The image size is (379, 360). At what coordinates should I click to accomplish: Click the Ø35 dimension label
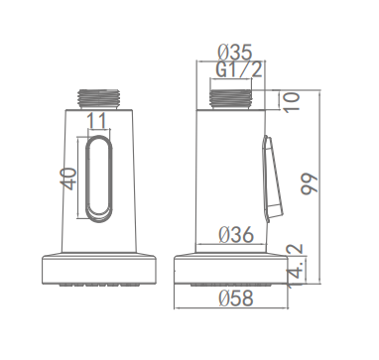(235, 52)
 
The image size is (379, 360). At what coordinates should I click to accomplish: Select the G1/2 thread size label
(239, 69)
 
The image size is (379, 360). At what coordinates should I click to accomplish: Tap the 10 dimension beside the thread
(292, 102)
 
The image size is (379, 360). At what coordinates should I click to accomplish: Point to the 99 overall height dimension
(310, 183)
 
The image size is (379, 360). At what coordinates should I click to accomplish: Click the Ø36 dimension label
(236, 234)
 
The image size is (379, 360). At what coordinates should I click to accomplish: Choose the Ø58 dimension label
(236, 298)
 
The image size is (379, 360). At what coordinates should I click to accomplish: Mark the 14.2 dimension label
(296, 266)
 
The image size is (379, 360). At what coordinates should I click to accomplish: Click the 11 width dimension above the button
(97, 121)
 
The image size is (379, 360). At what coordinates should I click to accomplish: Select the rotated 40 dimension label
(68, 179)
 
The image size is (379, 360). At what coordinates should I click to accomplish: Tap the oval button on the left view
(99, 179)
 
